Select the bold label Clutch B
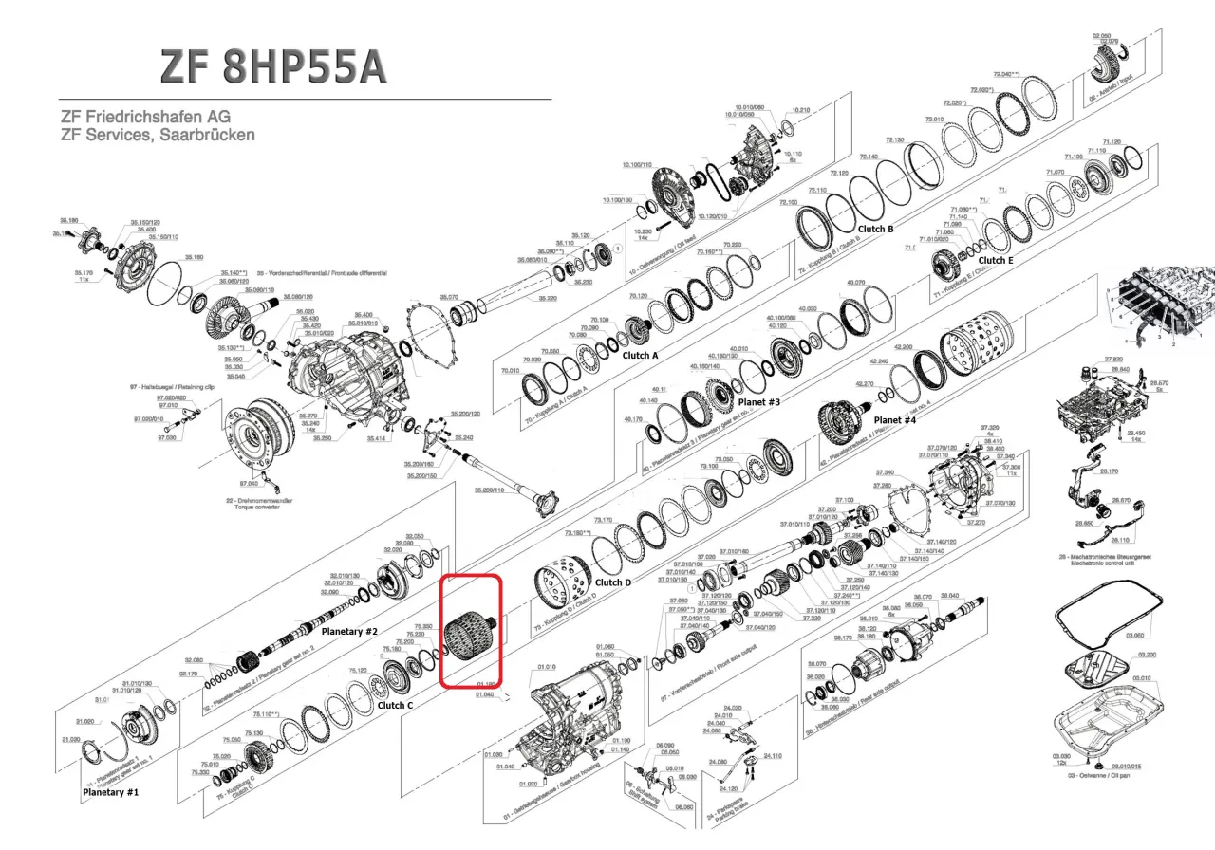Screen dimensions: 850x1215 pos(875,229)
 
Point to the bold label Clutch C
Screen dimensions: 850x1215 pos(395,705)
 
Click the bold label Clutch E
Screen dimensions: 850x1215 pos(995,260)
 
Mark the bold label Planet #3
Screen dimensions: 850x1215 pos(758,402)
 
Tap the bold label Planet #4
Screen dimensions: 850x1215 pos(894,419)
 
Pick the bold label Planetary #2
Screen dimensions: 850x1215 pos(349,631)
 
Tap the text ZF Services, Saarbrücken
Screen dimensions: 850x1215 pos(158,135)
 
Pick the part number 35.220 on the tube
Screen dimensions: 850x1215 pos(548,298)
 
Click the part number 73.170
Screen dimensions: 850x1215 pos(603,521)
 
